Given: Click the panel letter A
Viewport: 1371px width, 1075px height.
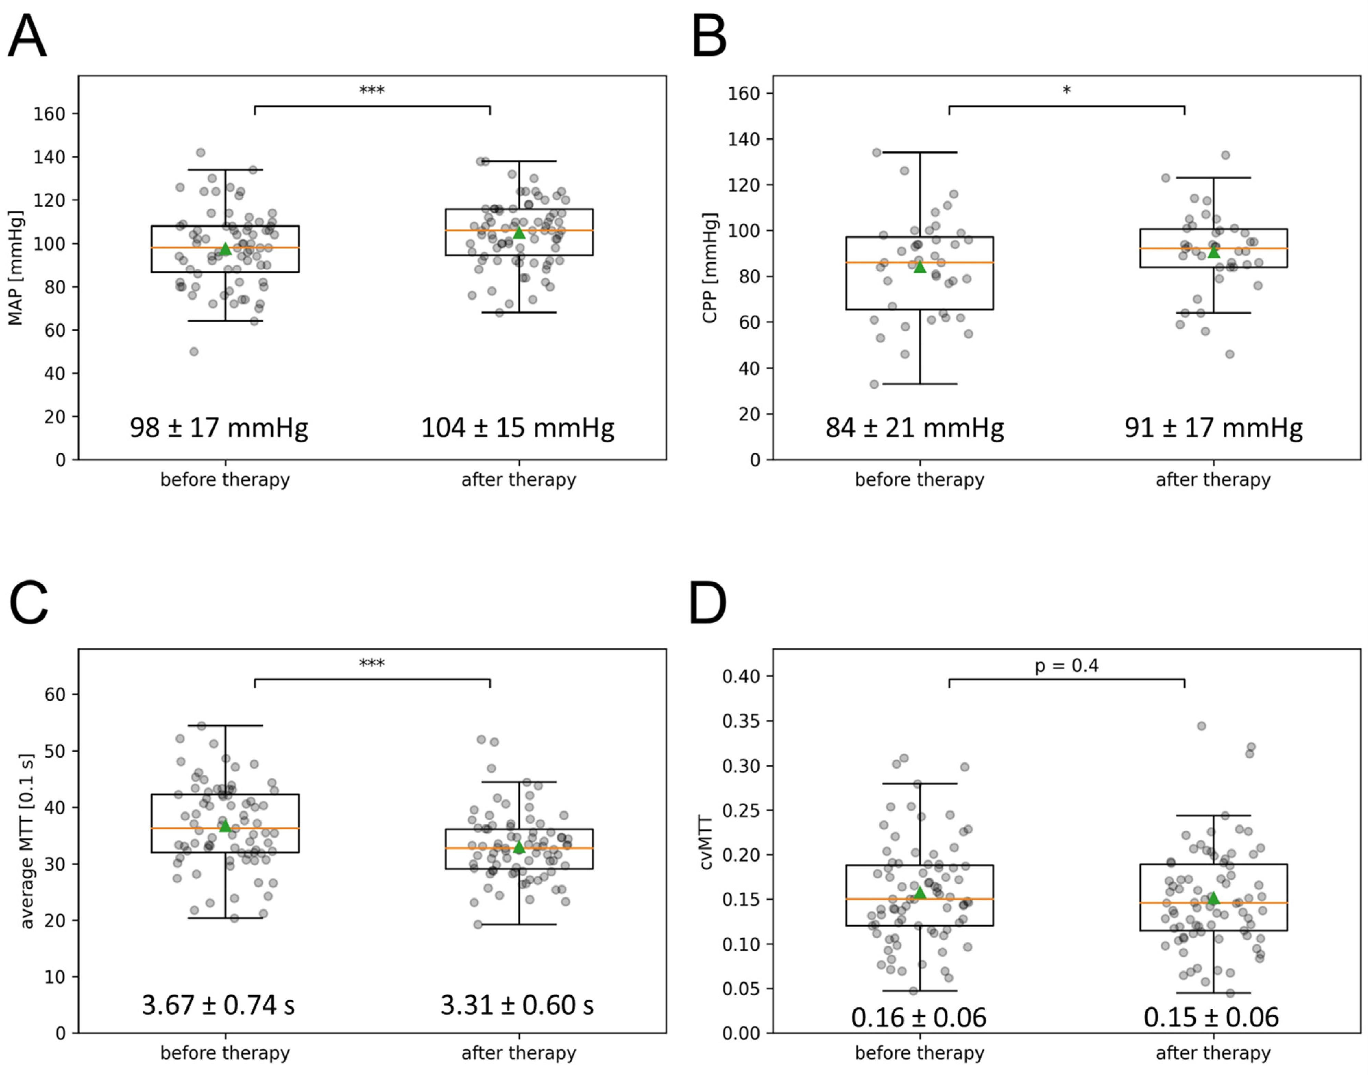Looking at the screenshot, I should (x=27, y=38).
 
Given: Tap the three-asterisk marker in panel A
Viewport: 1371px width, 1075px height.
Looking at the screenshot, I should (x=372, y=90).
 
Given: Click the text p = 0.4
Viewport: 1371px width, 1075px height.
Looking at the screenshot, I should (x=1066, y=666).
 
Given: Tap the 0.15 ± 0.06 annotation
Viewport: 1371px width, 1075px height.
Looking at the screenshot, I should (x=1211, y=1018).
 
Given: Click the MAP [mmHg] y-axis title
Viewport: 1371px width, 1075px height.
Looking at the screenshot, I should (x=15, y=268).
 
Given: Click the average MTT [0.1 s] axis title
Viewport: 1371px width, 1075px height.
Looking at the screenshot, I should (x=26, y=841).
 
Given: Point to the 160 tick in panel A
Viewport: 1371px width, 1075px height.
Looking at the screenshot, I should (x=49, y=114).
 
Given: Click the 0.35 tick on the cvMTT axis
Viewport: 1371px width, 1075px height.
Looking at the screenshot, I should (x=741, y=721).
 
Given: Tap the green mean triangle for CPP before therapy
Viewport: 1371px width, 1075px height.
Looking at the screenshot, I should (x=920, y=267).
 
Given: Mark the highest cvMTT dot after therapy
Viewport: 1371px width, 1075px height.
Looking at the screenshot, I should (x=1201, y=726).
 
